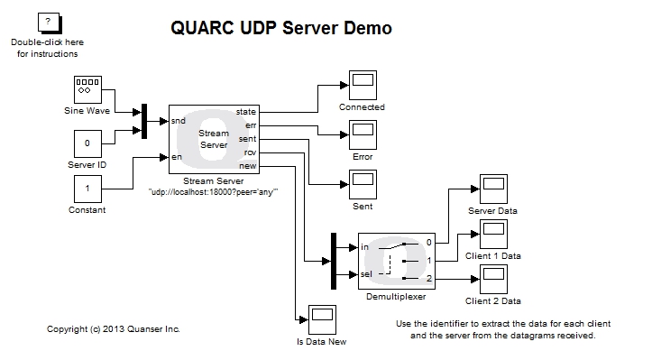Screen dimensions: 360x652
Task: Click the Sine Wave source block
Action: tap(87, 90)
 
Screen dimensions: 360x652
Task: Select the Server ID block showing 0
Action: tap(87, 143)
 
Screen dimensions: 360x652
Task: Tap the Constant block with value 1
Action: tap(87, 189)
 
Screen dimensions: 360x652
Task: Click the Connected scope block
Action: tap(363, 84)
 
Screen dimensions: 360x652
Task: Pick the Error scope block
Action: tap(363, 135)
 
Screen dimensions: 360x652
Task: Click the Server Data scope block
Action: tap(492, 189)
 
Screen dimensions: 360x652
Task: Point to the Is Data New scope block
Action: tap(322, 318)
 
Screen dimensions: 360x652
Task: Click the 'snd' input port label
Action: tap(179, 120)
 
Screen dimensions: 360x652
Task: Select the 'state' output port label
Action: tap(246, 111)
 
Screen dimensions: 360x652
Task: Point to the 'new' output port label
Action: tap(248, 166)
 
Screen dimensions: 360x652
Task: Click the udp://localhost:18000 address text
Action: tap(213, 192)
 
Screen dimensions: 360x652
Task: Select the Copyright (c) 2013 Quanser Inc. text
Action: tap(114, 329)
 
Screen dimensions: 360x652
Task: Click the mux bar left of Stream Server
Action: tap(143, 122)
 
